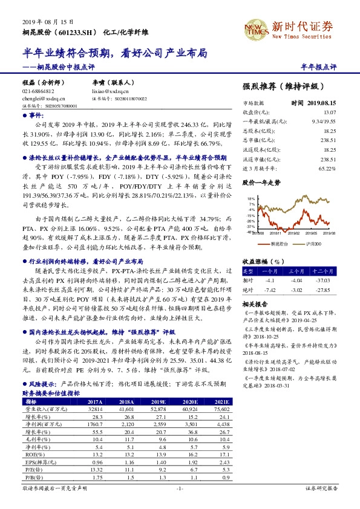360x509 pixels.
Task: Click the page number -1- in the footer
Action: [179, 487]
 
